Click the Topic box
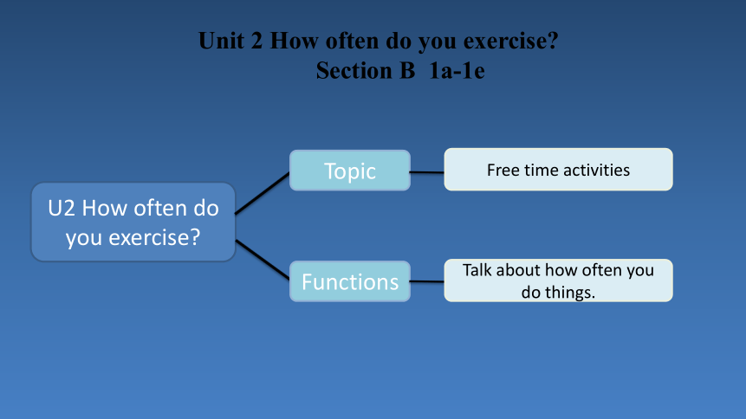[350, 171]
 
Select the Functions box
[350, 281]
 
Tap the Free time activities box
[558, 170]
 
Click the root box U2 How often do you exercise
[133, 222]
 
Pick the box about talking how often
[558, 280]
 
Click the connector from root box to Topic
[263, 194]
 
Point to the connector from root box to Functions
[263, 260]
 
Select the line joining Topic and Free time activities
[427, 172]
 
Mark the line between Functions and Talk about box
[427, 281]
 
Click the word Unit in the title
[221, 41]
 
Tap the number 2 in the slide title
[256, 41]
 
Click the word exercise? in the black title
[510, 41]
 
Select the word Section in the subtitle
[354, 71]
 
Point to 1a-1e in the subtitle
[457, 71]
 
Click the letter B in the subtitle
[407, 71]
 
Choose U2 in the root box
[62, 209]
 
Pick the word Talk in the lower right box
[477, 270]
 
